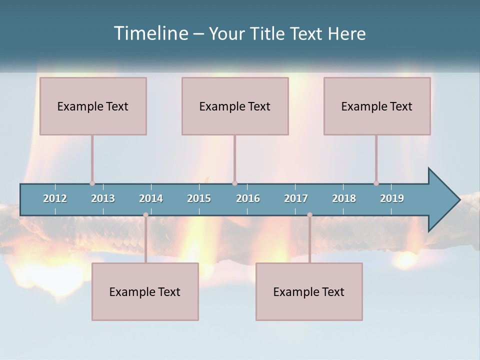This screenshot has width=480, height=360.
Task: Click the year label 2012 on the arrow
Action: click(x=55, y=198)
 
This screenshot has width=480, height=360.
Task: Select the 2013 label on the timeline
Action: click(x=103, y=198)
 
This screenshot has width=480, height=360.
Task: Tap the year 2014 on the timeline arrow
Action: click(x=151, y=198)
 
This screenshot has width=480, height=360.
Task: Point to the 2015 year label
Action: click(x=199, y=198)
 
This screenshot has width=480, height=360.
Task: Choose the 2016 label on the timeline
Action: click(x=248, y=198)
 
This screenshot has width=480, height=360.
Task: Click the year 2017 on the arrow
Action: click(x=296, y=198)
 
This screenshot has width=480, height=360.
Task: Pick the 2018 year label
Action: click(x=344, y=198)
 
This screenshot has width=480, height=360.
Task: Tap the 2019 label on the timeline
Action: click(x=392, y=198)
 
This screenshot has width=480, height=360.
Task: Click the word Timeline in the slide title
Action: click(x=150, y=33)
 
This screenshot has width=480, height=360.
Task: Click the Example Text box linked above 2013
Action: click(x=93, y=106)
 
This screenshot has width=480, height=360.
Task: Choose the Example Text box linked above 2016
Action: click(x=235, y=106)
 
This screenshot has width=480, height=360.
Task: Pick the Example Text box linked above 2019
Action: click(x=377, y=106)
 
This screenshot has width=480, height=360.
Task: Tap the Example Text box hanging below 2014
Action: click(x=145, y=291)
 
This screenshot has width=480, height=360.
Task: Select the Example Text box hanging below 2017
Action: click(x=309, y=291)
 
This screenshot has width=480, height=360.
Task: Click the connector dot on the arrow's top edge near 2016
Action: click(x=234, y=183)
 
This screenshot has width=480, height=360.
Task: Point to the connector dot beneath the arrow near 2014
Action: click(x=145, y=215)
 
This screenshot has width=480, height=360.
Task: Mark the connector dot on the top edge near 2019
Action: click(x=376, y=183)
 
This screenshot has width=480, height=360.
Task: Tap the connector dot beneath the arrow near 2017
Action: click(x=309, y=215)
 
